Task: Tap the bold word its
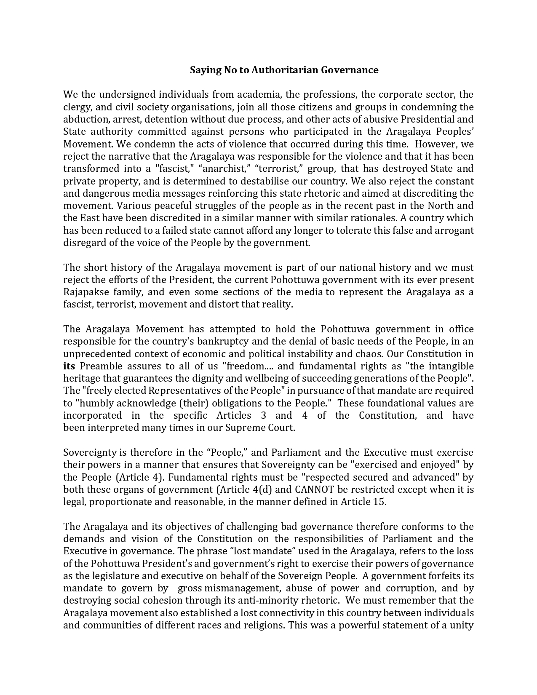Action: (69, 366)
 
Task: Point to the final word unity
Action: (462, 625)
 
